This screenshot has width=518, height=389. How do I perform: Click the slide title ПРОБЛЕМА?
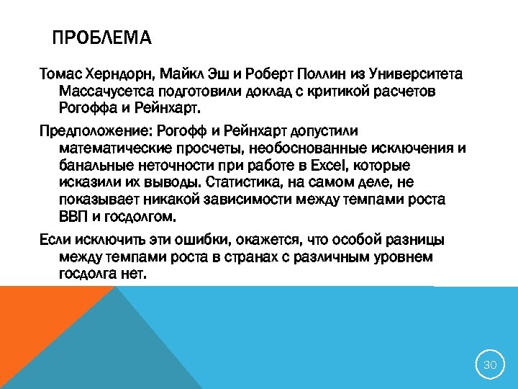pyautogui.click(x=102, y=37)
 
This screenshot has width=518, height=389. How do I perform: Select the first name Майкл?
pyautogui.click(x=183, y=74)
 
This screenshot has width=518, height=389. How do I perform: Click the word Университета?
pyautogui.click(x=416, y=74)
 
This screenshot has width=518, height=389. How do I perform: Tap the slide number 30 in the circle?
pyautogui.click(x=490, y=365)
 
